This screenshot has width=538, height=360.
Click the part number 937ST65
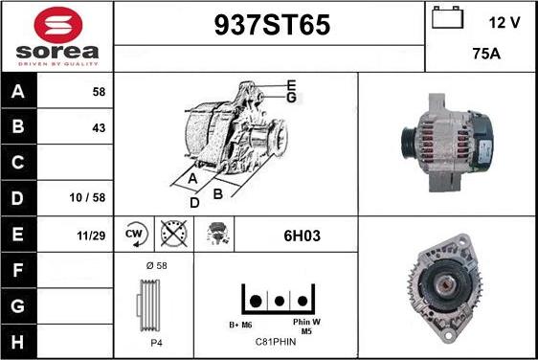(x=269, y=27)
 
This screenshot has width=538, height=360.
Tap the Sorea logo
(x=56, y=37)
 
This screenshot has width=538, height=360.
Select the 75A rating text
(x=488, y=55)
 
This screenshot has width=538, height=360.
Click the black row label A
(x=17, y=92)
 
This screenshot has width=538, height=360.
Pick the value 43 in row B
(x=99, y=127)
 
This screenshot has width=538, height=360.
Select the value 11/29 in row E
(x=92, y=233)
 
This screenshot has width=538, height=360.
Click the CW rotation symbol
(x=134, y=233)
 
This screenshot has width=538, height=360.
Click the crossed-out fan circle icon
(x=172, y=233)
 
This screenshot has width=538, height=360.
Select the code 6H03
(x=295, y=233)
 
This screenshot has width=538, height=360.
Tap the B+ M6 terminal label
(x=240, y=324)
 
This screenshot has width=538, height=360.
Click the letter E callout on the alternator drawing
(x=291, y=85)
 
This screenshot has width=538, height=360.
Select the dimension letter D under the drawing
(x=194, y=202)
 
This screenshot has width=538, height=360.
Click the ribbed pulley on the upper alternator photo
(x=408, y=141)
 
